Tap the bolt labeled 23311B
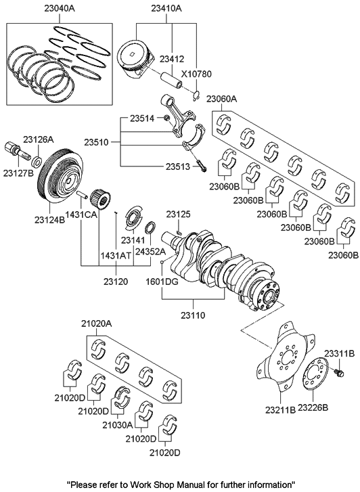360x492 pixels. tap(339, 372)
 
